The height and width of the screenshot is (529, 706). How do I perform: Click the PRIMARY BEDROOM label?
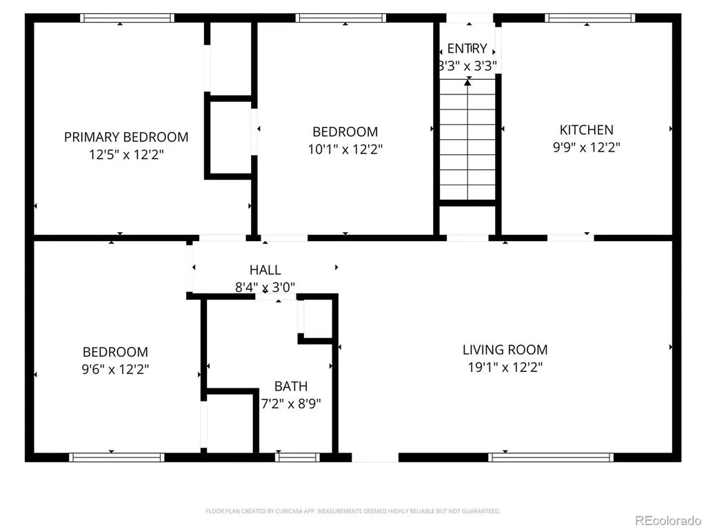coord(126,137)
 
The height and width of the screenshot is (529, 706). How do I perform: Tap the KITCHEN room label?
coord(586,130)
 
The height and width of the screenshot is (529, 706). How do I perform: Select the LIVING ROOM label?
coord(505,349)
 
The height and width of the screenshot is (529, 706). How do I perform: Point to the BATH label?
coord(291,386)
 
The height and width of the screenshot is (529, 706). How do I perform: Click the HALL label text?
coord(265,270)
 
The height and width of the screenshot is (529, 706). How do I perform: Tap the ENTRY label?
coord(467,48)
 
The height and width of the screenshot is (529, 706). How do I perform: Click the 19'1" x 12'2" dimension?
coord(505,367)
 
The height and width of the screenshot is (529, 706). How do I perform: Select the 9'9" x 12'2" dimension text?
coord(586,147)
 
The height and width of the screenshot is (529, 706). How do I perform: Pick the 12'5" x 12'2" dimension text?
coord(126,155)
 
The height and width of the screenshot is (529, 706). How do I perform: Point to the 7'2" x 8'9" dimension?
coord(291,404)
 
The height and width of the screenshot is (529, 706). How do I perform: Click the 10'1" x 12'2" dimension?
coord(345,149)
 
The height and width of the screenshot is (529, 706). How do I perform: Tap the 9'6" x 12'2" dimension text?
coord(115,369)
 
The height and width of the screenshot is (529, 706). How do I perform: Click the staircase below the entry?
coord(467,139)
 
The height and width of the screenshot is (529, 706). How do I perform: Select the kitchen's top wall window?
coord(590,18)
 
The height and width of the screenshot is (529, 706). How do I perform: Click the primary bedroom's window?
coord(127,18)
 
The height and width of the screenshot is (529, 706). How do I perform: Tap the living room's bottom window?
coord(551,457)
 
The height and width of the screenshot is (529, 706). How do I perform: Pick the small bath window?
coord(297,457)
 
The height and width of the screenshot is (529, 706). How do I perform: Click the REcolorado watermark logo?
coord(667,521)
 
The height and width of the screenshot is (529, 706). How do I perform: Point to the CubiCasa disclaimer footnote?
coord(352,511)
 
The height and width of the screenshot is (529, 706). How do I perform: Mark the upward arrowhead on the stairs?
coord(468,83)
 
